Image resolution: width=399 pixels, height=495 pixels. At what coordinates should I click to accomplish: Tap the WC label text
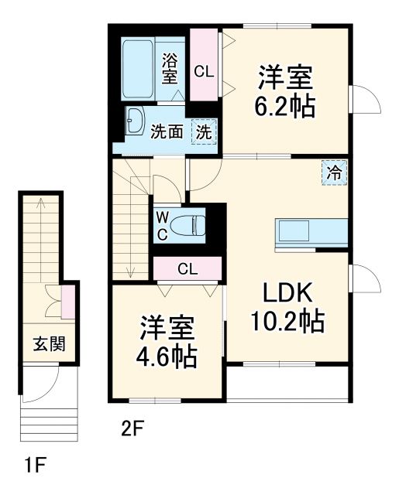163,224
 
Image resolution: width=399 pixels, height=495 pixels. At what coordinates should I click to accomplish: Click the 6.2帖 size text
286,106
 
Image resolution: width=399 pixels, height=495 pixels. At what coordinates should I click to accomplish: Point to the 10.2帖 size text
286,320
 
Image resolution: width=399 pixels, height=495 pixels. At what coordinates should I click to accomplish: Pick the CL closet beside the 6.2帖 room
205,72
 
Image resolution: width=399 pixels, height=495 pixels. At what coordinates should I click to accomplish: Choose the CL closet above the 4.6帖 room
186,269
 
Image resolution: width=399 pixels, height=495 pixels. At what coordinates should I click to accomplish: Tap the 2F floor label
132,426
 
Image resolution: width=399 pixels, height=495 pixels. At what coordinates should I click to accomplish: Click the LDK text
285,292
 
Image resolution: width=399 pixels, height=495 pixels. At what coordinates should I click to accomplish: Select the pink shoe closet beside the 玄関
67,300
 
